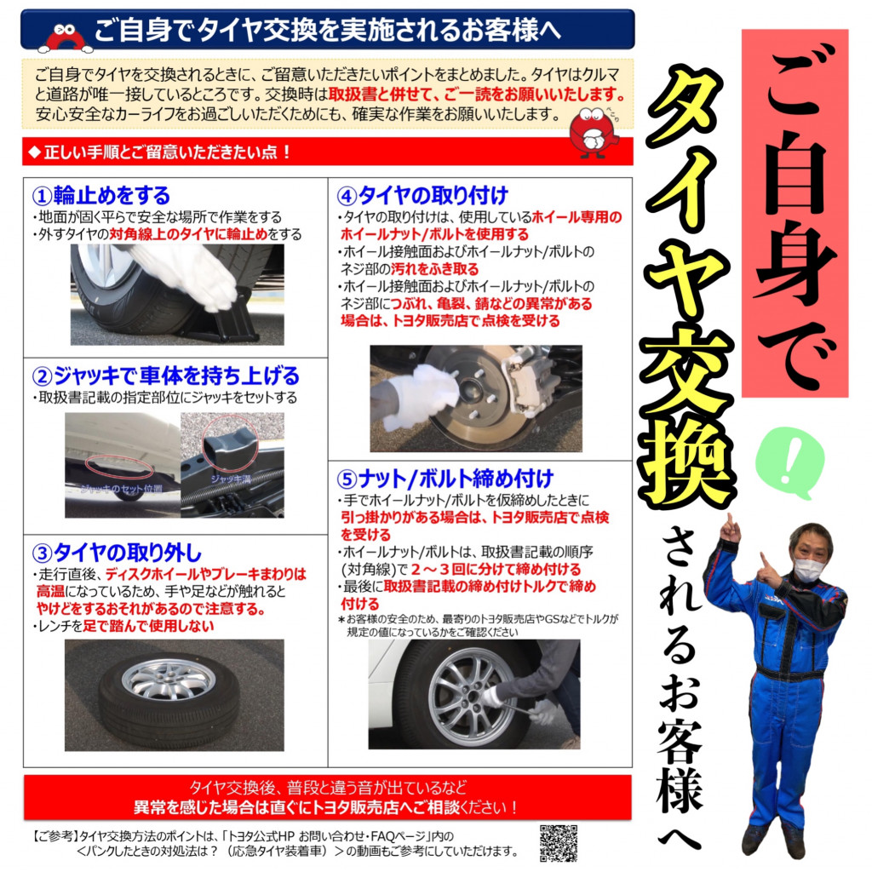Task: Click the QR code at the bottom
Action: click(x=559, y=843)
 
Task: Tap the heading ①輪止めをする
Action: click(x=101, y=196)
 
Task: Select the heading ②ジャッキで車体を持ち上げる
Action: click(x=166, y=376)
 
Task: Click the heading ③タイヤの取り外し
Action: click(x=117, y=553)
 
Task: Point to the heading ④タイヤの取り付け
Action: click(x=422, y=196)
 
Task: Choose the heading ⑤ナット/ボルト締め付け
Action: click(x=445, y=479)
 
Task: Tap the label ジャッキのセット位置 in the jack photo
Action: click(x=121, y=489)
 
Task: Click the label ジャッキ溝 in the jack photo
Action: click(x=231, y=479)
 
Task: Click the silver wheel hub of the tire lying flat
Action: click(x=169, y=679)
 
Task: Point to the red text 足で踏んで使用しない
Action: click(x=148, y=626)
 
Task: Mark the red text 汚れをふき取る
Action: click(x=434, y=269)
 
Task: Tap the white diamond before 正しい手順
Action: click(x=34, y=152)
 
